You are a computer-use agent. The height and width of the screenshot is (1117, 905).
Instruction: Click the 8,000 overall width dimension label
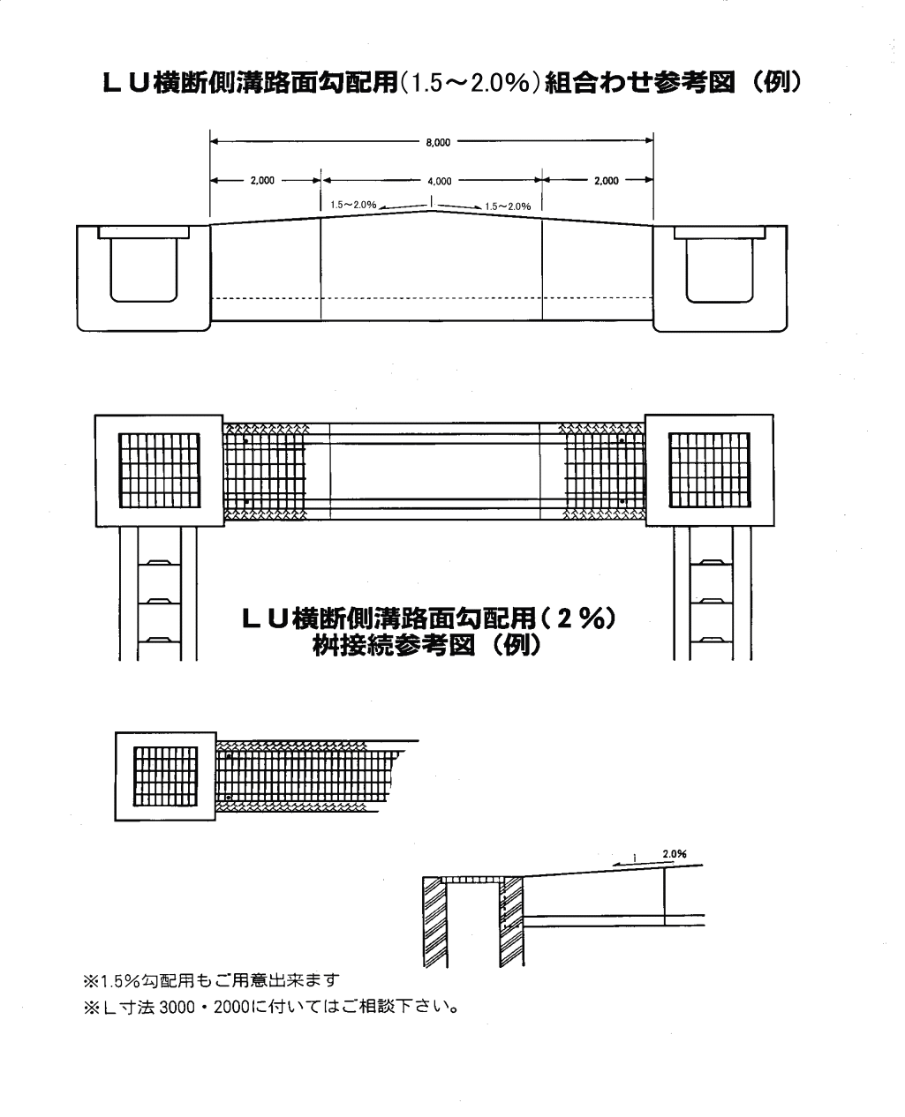[x=438, y=142]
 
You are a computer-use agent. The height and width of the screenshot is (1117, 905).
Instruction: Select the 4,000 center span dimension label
[x=439, y=181]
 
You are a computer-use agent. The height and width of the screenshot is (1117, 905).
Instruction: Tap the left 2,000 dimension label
[x=262, y=180]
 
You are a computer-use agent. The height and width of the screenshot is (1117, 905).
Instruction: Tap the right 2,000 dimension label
[x=606, y=180]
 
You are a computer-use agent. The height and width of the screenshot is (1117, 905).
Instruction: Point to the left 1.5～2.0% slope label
[x=353, y=205]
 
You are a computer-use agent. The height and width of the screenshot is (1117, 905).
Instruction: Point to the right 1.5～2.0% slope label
[x=508, y=206]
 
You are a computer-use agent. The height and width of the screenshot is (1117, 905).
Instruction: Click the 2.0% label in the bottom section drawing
[x=675, y=854]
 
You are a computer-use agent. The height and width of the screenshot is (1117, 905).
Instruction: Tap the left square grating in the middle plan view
[x=160, y=470]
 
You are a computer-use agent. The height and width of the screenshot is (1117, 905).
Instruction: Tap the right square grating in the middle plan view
[x=709, y=470]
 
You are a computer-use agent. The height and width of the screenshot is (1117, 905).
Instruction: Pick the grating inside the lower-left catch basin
[x=165, y=776]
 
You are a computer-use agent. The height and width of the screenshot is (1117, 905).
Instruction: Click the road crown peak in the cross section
[x=431, y=211]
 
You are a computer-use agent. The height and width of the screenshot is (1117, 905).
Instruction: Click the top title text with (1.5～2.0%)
[x=452, y=83]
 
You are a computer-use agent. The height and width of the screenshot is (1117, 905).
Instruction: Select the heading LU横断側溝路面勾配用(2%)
[x=428, y=618]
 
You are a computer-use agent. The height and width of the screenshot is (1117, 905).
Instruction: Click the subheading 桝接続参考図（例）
[x=426, y=645]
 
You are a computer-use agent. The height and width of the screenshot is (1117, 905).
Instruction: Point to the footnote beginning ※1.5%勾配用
[x=211, y=978]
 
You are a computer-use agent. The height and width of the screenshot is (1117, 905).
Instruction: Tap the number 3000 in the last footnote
[x=177, y=1007]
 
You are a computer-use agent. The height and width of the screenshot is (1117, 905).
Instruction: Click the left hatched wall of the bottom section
[x=435, y=921]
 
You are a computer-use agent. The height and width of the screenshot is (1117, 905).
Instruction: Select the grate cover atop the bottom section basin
[x=473, y=880]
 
